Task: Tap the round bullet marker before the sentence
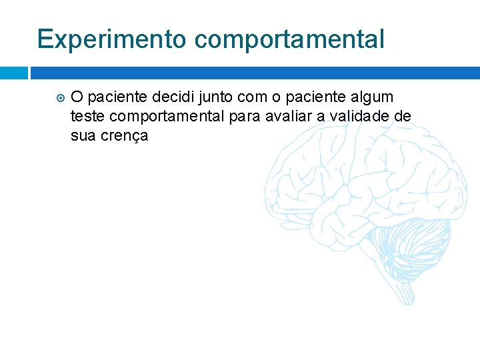tap(59, 97)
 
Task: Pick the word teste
tap(85, 117)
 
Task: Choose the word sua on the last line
tap(83, 137)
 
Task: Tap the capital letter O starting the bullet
tap(77, 97)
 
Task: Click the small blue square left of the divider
tap(13, 72)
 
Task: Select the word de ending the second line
tap(403, 117)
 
